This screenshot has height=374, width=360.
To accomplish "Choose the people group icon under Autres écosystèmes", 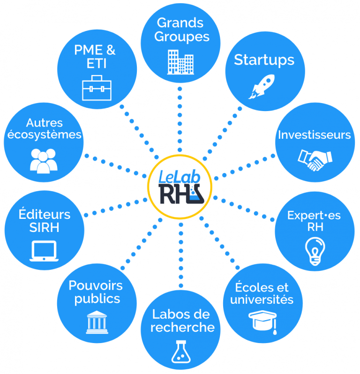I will click(x=43, y=160).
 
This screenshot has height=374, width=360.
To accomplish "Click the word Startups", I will click(x=264, y=60).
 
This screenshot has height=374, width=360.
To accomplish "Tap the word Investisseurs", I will click(x=314, y=135).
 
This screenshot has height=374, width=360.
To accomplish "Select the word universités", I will click(x=261, y=299).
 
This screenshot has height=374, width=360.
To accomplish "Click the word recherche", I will click(x=182, y=327).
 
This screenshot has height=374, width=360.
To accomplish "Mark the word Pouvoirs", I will click(x=96, y=285).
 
